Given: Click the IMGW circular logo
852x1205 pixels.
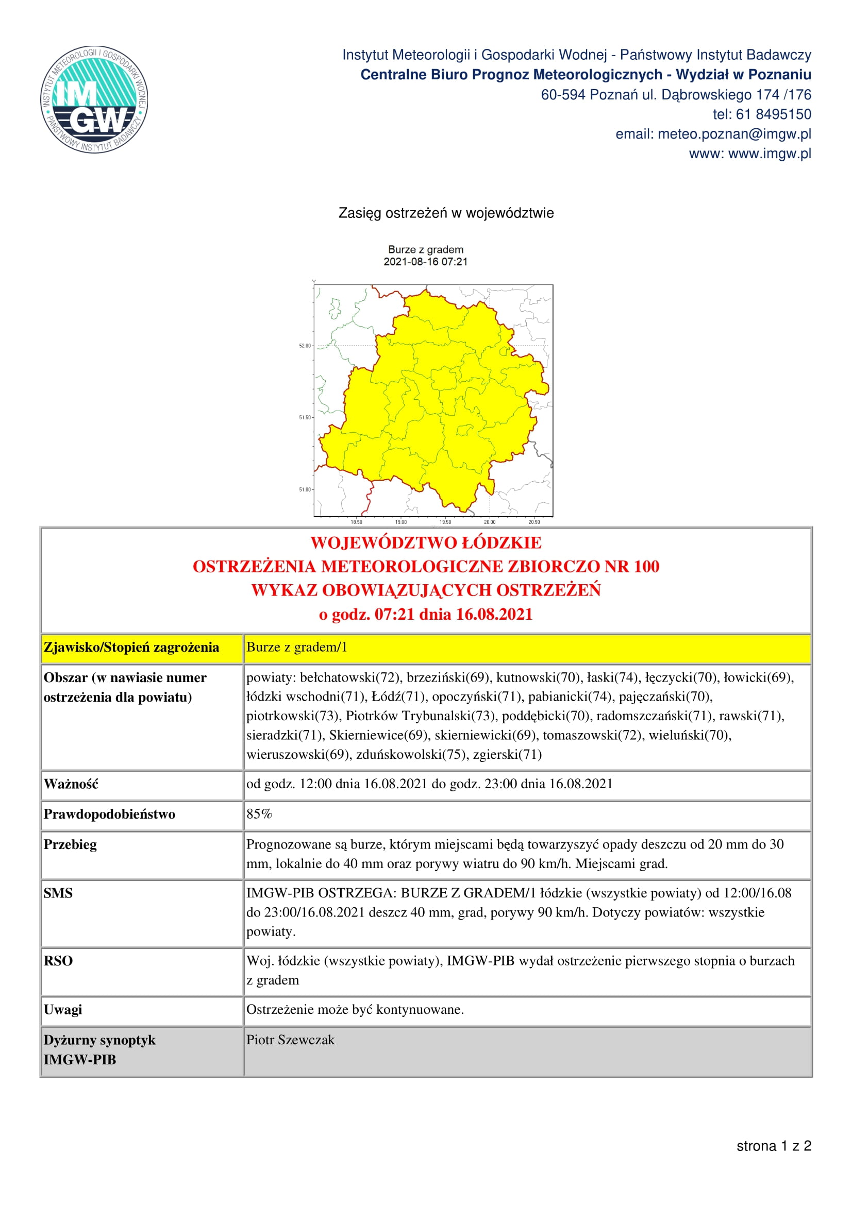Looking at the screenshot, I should coord(94,99).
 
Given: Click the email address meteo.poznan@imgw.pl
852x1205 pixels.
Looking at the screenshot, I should coord(734,134).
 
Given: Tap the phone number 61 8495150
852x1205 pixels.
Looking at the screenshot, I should coord(773,114).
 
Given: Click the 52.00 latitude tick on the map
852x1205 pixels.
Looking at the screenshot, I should coord(305,346).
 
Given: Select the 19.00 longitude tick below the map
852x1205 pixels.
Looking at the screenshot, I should coord(400,522).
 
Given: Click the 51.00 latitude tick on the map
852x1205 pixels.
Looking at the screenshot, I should coord(305,489).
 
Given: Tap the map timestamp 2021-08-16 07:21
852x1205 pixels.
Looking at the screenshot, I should coord(425,262).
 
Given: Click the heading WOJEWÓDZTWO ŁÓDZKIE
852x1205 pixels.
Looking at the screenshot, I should coord(426,542).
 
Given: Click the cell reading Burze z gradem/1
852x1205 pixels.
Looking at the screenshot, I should coord(297,647).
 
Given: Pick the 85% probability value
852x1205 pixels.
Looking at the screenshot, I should coord(259,814).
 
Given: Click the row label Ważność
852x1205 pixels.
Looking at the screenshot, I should coord(71,784).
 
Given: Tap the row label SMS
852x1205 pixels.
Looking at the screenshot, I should coord(58,893).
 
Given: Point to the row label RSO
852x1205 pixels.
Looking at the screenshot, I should coord(58,961).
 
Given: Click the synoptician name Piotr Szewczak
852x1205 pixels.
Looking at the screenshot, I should coord(290,1040).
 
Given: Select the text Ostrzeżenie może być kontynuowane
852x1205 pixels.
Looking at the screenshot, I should coord(355,1009).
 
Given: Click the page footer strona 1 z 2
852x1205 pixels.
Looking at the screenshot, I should coord(774,1146).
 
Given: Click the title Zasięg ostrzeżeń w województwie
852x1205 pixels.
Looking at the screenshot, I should coord(446,213).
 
